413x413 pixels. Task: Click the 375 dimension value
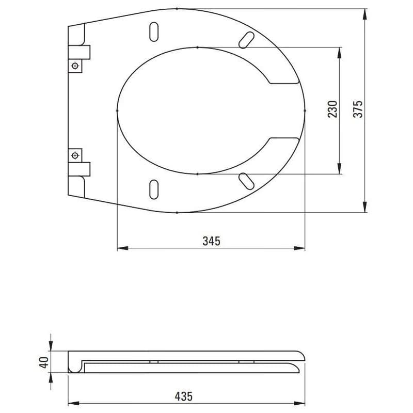point(358,109)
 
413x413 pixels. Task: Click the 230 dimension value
point(332,109)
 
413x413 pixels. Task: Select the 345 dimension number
point(211,241)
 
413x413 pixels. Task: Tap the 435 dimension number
point(184,396)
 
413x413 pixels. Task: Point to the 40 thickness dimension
point(44,362)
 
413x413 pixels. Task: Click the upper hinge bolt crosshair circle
point(75,66)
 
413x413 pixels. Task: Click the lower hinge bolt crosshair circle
point(75,156)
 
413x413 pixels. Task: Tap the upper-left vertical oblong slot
point(154,32)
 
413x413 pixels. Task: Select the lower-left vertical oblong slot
point(154,189)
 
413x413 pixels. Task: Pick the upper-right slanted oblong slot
point(246,40)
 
